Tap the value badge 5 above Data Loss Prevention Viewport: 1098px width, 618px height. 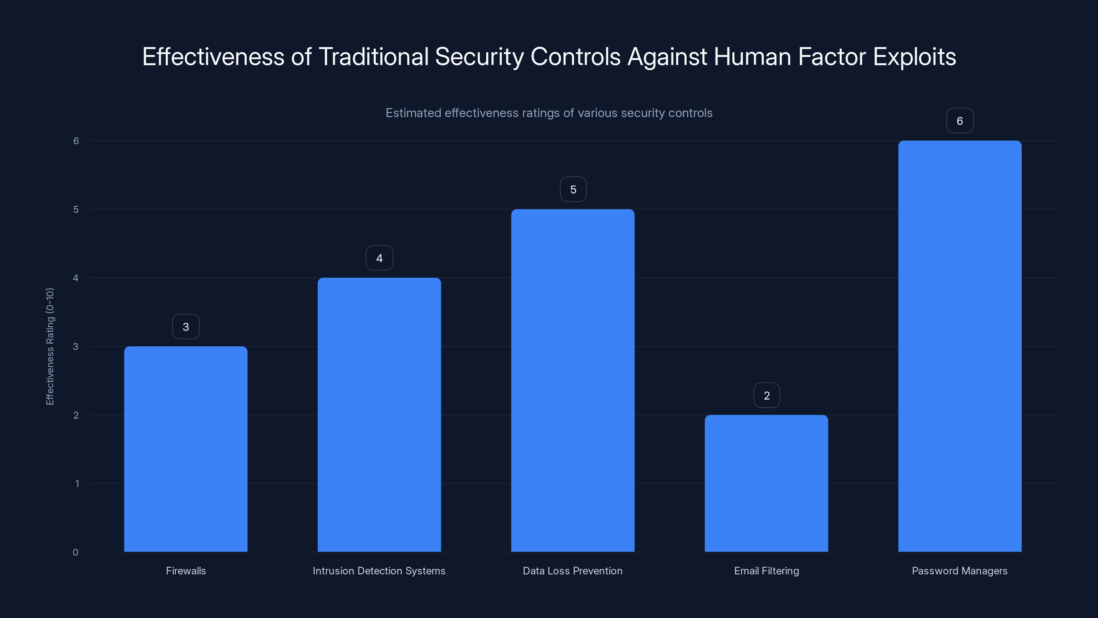[573, 190]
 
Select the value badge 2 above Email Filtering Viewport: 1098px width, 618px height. [767, 396]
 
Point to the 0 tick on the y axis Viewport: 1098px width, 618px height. [75, 552]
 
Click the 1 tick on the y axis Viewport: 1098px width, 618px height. [77, 484]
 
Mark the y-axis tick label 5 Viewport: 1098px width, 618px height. [76, 209]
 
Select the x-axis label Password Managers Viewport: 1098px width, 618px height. [959, 571]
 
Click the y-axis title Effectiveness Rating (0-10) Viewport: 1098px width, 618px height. [50, 346]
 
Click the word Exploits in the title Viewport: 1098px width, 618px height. [914, 57]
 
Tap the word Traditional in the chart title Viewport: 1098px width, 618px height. [373, 57]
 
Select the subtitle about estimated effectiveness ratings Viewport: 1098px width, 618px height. [549, 113]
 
